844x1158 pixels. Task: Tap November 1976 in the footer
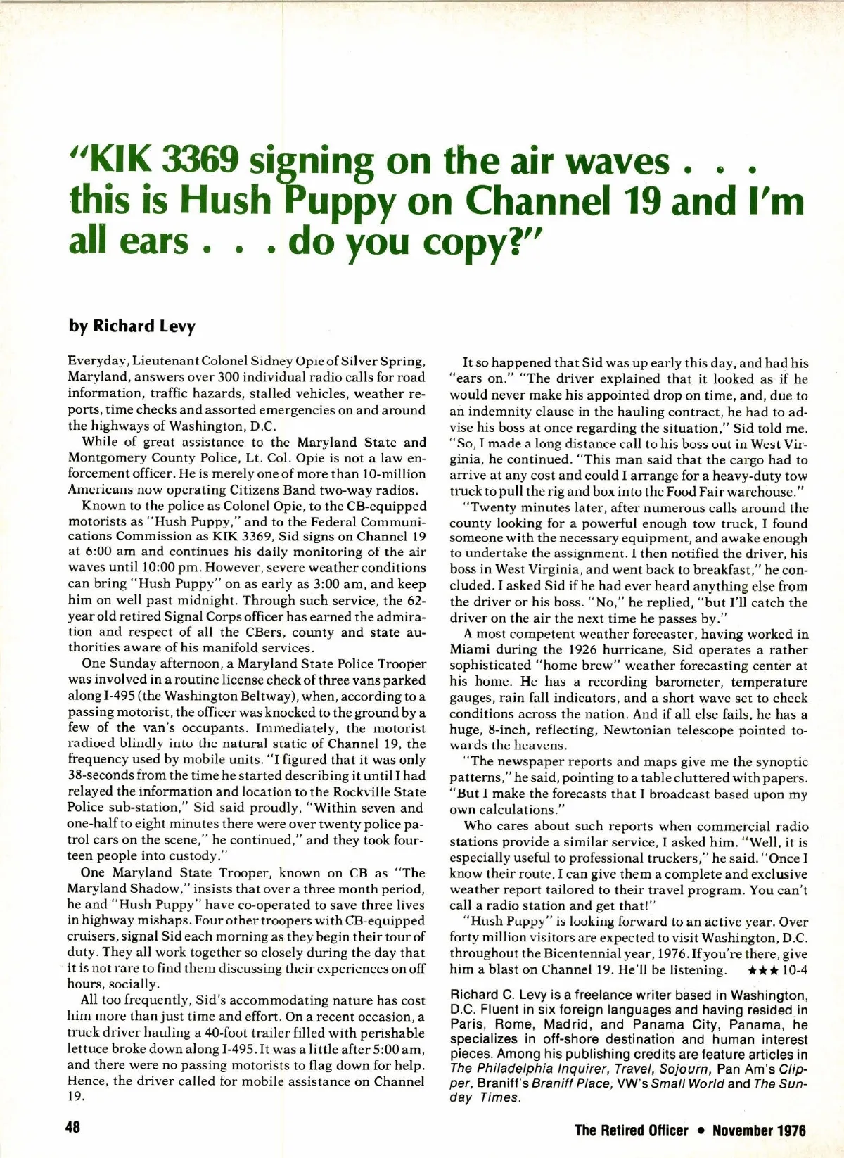pyautogui.click(x=759, y=1131)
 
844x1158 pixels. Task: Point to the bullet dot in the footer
pyautogui.click(x=700, y=1131)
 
